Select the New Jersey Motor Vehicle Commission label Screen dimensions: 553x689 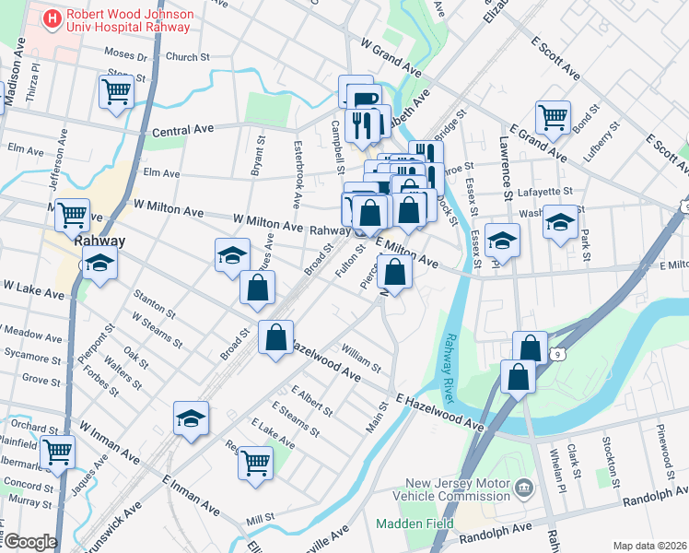pos(456,489)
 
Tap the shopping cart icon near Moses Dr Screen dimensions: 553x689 pos(115,91)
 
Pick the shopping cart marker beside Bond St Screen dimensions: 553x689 pos(553,116)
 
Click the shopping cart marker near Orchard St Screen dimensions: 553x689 pos(58,452)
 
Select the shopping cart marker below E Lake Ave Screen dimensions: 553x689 pos(255,463)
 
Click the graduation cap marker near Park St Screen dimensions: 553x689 pos(560,222)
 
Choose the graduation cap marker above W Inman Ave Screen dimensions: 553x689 pos(191,418)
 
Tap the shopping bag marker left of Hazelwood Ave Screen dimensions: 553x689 pos(275,337)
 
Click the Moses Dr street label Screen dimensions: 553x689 pos(126,56)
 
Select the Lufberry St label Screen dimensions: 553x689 pos(602,148)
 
